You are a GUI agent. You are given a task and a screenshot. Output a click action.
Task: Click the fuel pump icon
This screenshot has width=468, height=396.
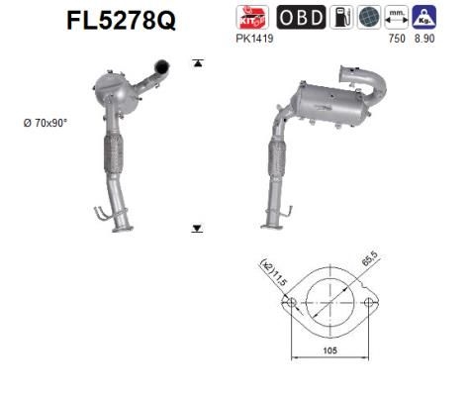click(x=341, y=18)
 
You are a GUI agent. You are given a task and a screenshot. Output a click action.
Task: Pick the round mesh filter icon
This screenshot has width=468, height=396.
click(x=369, y=18)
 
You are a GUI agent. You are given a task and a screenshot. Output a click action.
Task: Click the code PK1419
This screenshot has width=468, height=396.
click(x=255, y=39)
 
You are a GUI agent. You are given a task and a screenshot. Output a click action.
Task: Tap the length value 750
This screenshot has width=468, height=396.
click(x=398, y=39)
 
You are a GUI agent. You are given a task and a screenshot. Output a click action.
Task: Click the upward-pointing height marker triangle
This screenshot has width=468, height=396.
click(x=197, y=62)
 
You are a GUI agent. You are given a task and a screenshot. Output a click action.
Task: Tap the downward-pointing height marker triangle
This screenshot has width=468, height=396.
click(x=197, y=228)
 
